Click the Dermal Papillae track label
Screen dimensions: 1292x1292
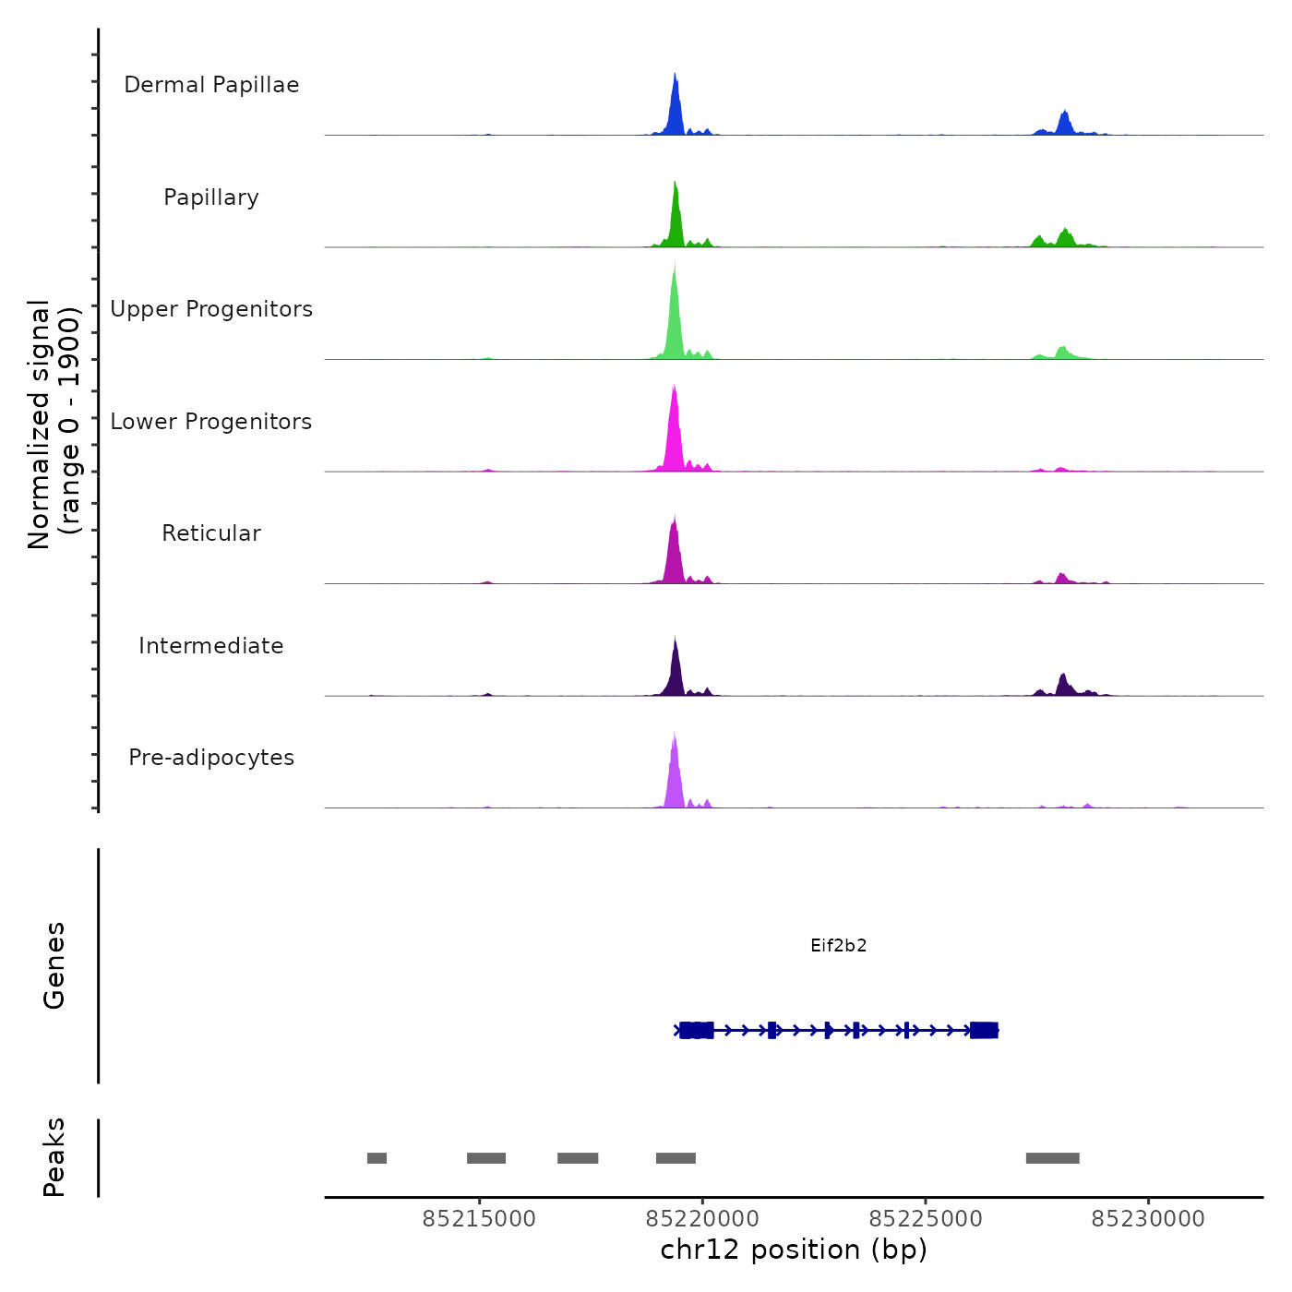pos(211,85)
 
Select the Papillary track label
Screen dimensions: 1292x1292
pos(211,197)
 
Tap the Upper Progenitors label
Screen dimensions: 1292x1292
pos(211,309)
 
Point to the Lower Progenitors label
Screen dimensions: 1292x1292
pos(211,422)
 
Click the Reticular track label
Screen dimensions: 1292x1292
pos(211,533)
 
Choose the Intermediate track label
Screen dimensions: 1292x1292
pos(211,646)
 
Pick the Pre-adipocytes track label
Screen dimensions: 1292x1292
pos(211,758)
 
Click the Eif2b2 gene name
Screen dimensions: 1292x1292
pos(838,945)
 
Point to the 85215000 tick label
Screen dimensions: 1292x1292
pos(479,1219)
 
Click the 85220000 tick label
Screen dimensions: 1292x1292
pos(702,1219)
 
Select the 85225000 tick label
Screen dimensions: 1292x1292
pos(926,1219)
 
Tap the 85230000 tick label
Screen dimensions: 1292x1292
pos(1148,1219)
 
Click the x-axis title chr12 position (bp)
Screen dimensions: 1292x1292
pos(794,1250)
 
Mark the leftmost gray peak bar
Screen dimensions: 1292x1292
pos(377,1158)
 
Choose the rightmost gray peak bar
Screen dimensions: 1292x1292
pos(1052,1158)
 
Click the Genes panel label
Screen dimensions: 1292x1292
pos(54,965)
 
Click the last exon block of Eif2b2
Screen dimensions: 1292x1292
pos(984,1030)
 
